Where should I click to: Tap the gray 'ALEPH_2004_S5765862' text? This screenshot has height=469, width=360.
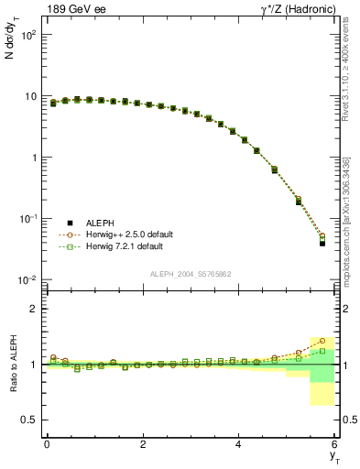point(191,274)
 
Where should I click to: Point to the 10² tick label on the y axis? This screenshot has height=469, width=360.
point(27,35)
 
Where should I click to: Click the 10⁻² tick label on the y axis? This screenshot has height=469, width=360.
point(27,279)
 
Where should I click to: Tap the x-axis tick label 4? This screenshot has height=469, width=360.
point(239,444)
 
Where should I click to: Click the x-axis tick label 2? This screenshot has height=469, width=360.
point(143,444)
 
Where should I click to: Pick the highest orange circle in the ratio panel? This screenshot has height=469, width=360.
point(322,341)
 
